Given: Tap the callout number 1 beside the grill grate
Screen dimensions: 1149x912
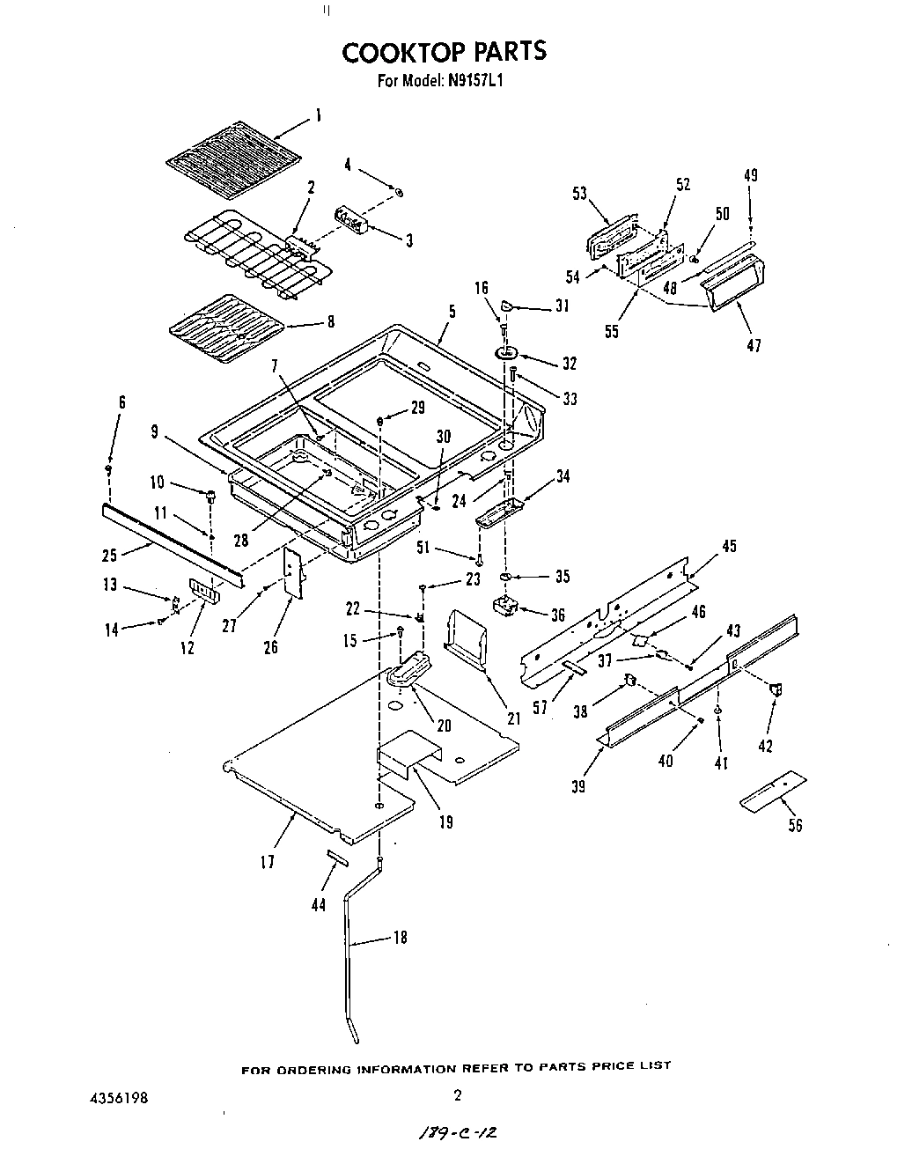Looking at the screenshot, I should pos(318,115).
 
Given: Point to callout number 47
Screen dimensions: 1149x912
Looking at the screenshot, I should pos(754,345).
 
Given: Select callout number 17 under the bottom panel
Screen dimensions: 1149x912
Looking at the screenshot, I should pos(268,862).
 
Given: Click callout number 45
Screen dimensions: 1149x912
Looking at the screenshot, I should pos(729,547).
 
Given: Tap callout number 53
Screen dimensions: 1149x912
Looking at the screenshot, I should pos(580,194).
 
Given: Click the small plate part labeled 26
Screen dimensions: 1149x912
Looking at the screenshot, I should pos(291,572).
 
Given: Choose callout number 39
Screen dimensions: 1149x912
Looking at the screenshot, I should pos(578,786).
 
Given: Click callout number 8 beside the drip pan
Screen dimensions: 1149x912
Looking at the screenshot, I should pos(330,322).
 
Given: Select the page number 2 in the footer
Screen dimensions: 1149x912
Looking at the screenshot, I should pos(457,1096).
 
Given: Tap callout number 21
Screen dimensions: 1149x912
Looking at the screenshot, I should pos(514,718).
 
